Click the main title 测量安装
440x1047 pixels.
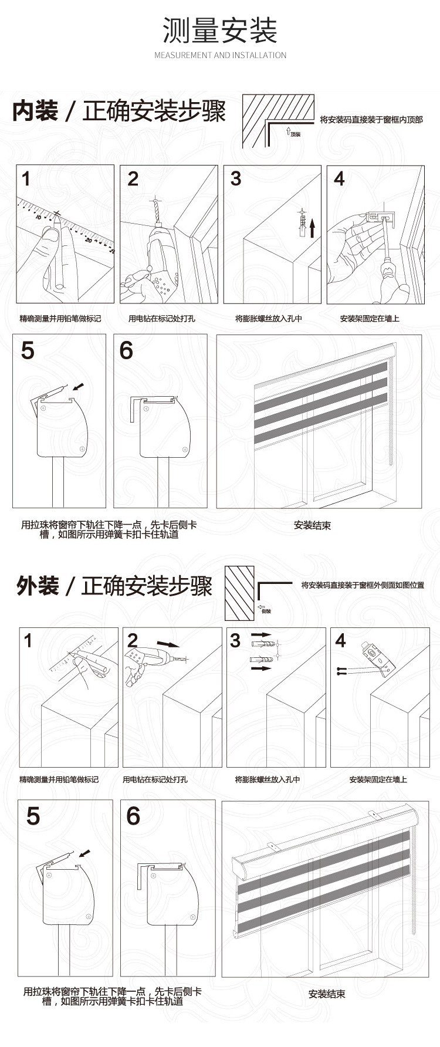click(x=220, y=31)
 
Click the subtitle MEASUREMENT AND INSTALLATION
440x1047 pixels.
click(x=220, y=55)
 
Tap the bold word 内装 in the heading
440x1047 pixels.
click(x=35, y=111)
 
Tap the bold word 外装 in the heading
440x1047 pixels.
click(x=38, y=586)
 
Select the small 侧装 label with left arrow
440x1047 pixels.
click(x=265, y=610)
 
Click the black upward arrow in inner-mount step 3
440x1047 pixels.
click(x=313, y=227)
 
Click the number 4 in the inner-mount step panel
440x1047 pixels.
click(x=339, y=179)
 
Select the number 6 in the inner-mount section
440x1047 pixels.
click(x=126, y=350)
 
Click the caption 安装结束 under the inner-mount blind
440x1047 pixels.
click(x=312, y=525)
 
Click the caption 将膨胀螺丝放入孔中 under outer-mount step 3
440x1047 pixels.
click(x=268, y=779)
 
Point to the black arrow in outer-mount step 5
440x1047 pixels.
click(x=85, y=852)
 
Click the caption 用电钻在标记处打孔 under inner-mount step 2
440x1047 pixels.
click(x=162, y=319)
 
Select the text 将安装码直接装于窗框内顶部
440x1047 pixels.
click(x=371, y=120)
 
